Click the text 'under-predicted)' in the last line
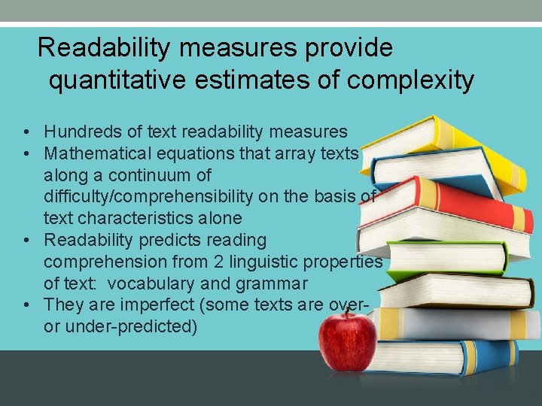click(x=132, y=327)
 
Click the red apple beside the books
click(x=347, y=341)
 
